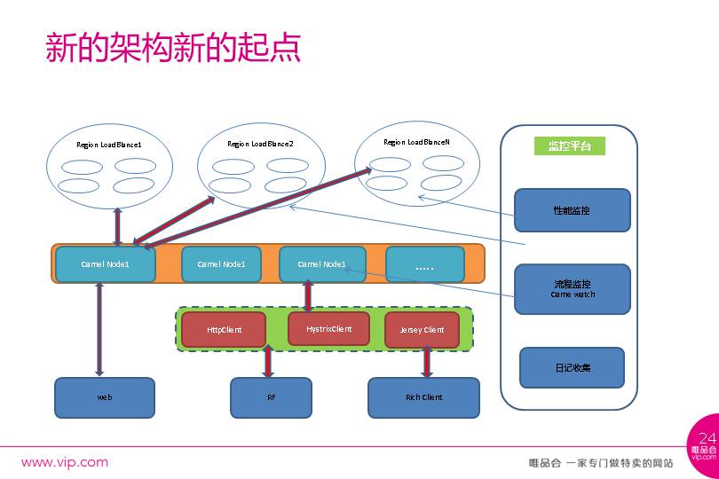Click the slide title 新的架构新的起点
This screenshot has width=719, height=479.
click(173, 47)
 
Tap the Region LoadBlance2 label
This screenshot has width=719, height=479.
click(260, 144)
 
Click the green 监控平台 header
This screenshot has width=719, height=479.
click(570, 146)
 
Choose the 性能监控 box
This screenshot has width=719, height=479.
click(572, 210)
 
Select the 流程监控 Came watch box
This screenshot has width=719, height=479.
click(572, 288)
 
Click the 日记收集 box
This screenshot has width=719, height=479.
click(572, 367)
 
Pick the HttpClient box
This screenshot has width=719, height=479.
click(224, 329)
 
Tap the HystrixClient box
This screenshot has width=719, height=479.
click(328, 328)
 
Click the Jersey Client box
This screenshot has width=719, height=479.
click(422, 330)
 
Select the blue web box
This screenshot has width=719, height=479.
click(105, 397)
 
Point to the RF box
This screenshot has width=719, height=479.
click(271, 397)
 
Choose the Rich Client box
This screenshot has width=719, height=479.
click(423, 397)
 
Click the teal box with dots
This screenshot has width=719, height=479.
click(424, 264)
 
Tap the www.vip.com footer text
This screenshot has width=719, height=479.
click(65, 462)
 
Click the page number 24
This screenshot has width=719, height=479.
click(707, 438)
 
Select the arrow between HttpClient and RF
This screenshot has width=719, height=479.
click(268, 362)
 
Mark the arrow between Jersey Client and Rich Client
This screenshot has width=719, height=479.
click(427, 362)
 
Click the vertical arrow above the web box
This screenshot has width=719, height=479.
click(99, 329)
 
